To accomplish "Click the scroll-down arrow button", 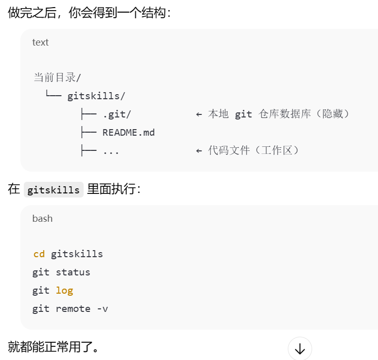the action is [x=299, y=349].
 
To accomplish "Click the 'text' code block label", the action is [x=41, y=43].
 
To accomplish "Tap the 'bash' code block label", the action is [x=43, y=219].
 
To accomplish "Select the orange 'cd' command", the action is [x=39, y=254].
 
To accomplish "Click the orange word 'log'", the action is [x=64, y=290].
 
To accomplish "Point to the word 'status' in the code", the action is [x=73, y=272].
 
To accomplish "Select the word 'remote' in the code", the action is [x=73, y=308].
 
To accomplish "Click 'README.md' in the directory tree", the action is [x=129, y=132].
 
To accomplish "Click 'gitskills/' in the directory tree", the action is [x=96, y=96].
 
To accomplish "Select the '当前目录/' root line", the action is [x=57, y=77].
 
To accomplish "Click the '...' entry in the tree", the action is [x=111, y=150].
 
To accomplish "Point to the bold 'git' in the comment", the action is [x=243, y=114].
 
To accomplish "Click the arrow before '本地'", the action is [x=199, y=114].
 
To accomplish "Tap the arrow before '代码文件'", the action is [x=199, y=150].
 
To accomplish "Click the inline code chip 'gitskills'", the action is [x=53, y=190].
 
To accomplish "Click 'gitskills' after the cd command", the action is [x=77, y=254].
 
